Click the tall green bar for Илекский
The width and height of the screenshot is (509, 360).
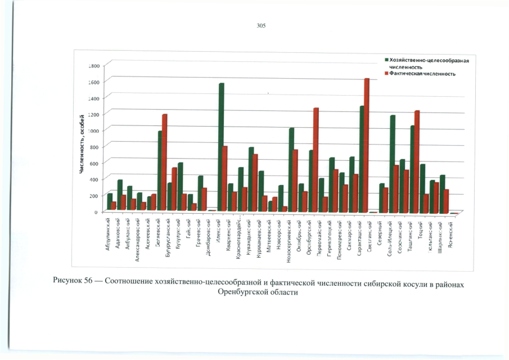222,146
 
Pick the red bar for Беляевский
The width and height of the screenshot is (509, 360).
165,163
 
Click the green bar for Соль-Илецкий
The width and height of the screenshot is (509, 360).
393,163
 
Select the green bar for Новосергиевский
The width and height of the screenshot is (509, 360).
291,169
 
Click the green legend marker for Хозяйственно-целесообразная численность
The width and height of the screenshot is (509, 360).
386,59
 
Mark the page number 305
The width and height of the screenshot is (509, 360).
260,26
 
